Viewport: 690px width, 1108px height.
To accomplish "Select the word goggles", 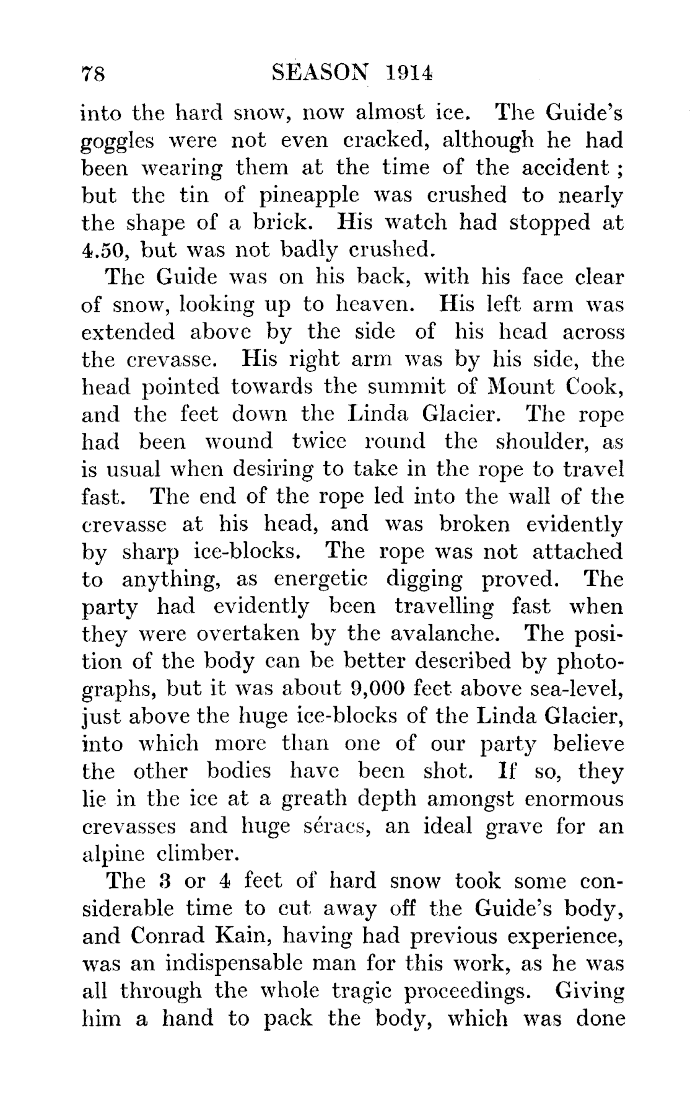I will [x=116, y=142].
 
